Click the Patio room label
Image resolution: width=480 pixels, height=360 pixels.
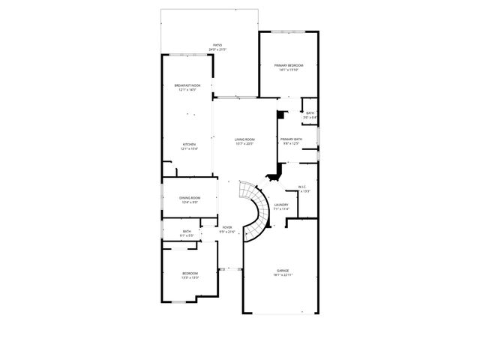point(217,45)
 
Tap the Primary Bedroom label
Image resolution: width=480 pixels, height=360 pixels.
point(289,66)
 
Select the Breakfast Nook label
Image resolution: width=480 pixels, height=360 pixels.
point(187,85)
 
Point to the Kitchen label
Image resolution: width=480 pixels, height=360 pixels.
point(189,144)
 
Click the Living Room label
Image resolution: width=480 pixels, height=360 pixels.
point(244,139)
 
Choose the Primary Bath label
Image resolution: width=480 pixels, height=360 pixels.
point(292,139)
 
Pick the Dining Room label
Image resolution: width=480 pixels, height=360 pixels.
point(190,197)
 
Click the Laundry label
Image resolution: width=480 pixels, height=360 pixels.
point(281,205)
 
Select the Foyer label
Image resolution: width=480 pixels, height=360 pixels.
point(227,227)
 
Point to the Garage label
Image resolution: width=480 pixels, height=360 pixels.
point(283,270)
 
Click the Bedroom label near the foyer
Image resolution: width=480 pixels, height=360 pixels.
point(190,273)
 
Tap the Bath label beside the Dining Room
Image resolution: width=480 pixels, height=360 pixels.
point(187,231)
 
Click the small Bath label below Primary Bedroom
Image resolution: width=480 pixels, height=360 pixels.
point(310,112)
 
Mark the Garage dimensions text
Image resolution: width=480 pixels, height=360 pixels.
point(283,274)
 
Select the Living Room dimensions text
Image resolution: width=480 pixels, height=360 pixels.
point(244,143)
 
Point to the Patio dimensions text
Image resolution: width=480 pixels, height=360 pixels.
point(217,49)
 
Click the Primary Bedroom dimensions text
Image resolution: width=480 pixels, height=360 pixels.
point(289,70)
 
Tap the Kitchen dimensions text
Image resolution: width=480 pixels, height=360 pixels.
point(189,148)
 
